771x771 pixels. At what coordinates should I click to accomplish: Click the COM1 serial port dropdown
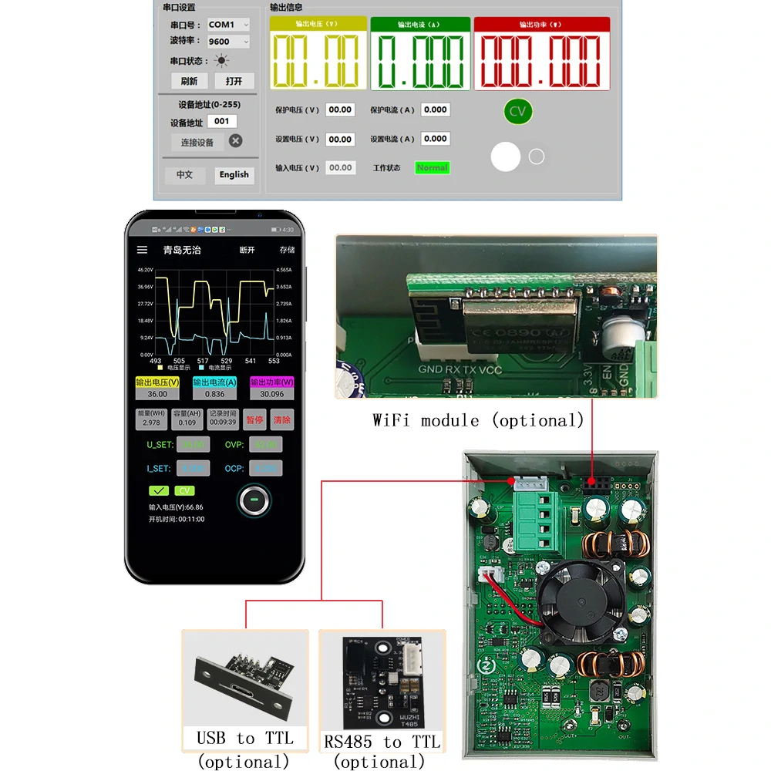tap(228, 25)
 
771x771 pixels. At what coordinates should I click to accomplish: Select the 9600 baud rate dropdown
tap(228, 42)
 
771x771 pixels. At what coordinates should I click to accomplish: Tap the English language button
tap(234, 175)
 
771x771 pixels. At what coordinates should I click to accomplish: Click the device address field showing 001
tap(222, 121)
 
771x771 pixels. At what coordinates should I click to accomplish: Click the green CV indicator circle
tap(517, 111)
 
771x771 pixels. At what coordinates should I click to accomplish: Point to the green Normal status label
tap(432, 167)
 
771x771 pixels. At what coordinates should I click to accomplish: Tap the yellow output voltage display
tap(318, 54)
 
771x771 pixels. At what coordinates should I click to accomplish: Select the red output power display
tap(541, 54)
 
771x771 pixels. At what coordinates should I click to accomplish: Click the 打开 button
tap(234, 81)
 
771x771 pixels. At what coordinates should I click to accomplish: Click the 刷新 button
tap(189, 81)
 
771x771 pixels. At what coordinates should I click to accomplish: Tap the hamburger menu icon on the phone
tap(142, 250)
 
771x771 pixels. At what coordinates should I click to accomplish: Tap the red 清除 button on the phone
tap(282, 419)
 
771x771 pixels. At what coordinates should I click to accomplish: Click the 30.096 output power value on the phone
tap(271, 394)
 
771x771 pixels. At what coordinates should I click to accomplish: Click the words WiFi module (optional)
tap(478, 420)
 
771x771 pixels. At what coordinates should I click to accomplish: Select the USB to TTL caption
tap(244, 738)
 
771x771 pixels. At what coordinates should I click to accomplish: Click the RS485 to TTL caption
tap(382, 742)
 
